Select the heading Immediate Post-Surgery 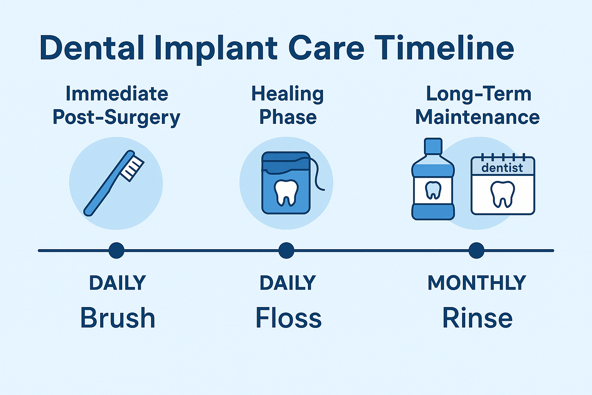(116, 105)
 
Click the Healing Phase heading (288, 105)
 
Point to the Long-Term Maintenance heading (478, 105)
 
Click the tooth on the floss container (286, 192)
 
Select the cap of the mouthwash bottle (433, 146)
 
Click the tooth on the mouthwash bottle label (433, 190)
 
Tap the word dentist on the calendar (502, 168)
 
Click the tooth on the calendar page (502, 194)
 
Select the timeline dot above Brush (116, 250)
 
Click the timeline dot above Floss (286, 250)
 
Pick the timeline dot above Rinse (476, 250)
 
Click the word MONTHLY (477, 283)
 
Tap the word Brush (118, 318)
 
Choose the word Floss (288, 318)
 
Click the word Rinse (477, 318)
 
